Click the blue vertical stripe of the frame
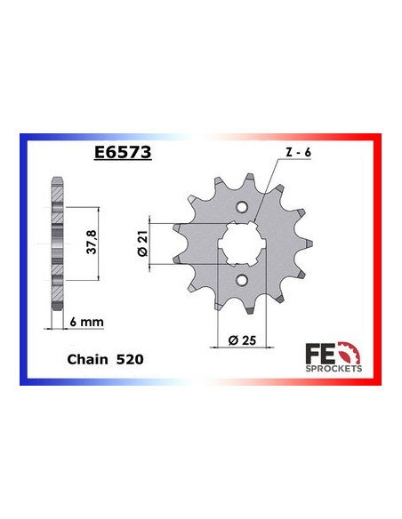pyautogui.click(x=25, y=267)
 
